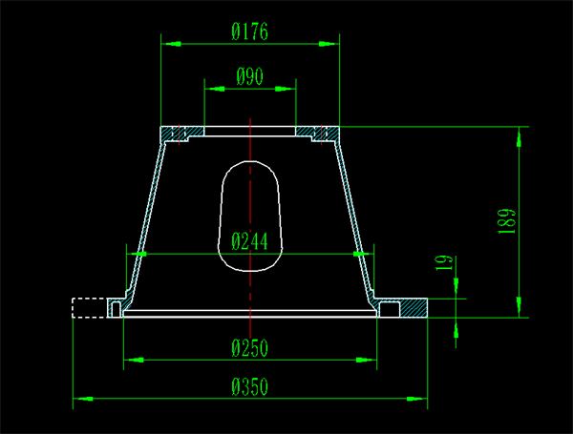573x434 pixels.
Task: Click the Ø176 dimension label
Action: [249, 31]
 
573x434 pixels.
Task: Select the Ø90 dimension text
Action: [249, 76]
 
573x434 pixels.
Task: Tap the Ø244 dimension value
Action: [249, 241]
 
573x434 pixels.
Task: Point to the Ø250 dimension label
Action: [249, 348]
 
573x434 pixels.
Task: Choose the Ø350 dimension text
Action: [249, 386]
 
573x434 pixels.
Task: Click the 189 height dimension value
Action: [507, 221]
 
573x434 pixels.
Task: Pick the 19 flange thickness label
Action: [444, 262]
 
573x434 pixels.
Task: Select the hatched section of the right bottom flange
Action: [414, 309]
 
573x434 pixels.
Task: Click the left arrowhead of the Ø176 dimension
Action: [171, 44]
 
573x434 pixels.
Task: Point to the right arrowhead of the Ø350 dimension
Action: [417, 399]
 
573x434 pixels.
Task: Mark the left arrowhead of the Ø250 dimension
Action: [134, 360]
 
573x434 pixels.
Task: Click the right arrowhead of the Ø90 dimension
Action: [286, 89]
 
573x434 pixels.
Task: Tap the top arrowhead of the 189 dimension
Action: [519, 137]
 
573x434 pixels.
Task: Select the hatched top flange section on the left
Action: [181, 133]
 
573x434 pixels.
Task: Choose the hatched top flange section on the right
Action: [317, 133]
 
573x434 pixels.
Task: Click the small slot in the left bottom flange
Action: [117, 309]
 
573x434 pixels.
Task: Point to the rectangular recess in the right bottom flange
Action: [390, 309]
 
